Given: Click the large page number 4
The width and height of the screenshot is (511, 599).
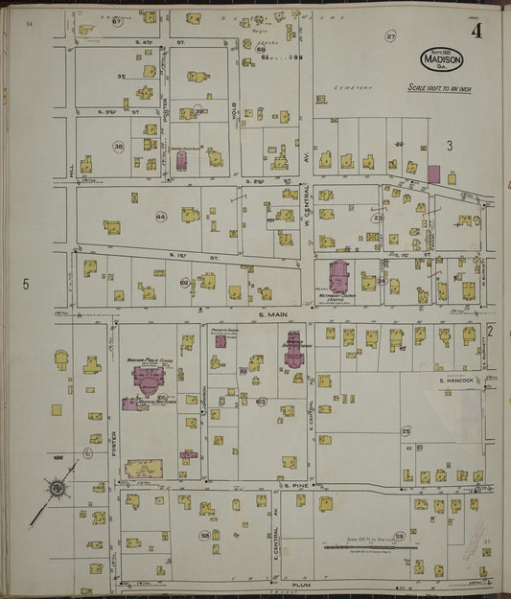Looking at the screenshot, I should tap(476, 31).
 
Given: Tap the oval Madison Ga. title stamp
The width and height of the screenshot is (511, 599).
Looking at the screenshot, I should tap(441, 59).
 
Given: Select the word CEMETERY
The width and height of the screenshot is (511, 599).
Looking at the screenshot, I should tap(351, 87).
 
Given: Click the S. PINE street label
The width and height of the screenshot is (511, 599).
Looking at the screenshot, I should tap(292, 487).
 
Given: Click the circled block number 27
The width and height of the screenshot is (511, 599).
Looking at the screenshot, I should tap(390, 36).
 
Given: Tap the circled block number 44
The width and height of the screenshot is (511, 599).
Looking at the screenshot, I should tap(161, 218).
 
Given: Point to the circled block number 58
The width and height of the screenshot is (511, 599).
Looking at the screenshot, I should tap(204, 535).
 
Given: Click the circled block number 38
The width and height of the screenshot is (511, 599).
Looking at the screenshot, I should tap(119, 147).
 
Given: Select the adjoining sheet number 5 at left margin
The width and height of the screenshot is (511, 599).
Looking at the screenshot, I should tap(27, 284).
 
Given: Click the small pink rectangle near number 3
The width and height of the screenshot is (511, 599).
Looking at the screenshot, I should tap(433, 173).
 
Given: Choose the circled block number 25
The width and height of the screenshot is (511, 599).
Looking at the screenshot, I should tap(406, 431).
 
